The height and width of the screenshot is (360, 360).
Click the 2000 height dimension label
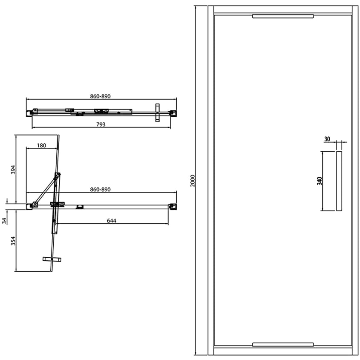click(193, 181)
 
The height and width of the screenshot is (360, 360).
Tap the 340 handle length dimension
click(320, 181)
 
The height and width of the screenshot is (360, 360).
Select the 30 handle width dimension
click(327, 139)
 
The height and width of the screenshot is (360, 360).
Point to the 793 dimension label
click(101, 124)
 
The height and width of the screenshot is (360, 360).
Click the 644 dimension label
click(112, 221)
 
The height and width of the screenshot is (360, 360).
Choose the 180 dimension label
click(41, 145)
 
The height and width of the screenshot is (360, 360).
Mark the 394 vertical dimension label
click(13, 170)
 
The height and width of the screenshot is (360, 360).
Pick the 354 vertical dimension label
click(13, 241)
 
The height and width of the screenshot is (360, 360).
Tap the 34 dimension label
click(4, 221)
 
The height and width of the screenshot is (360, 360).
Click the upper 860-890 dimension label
click(101, 96)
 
